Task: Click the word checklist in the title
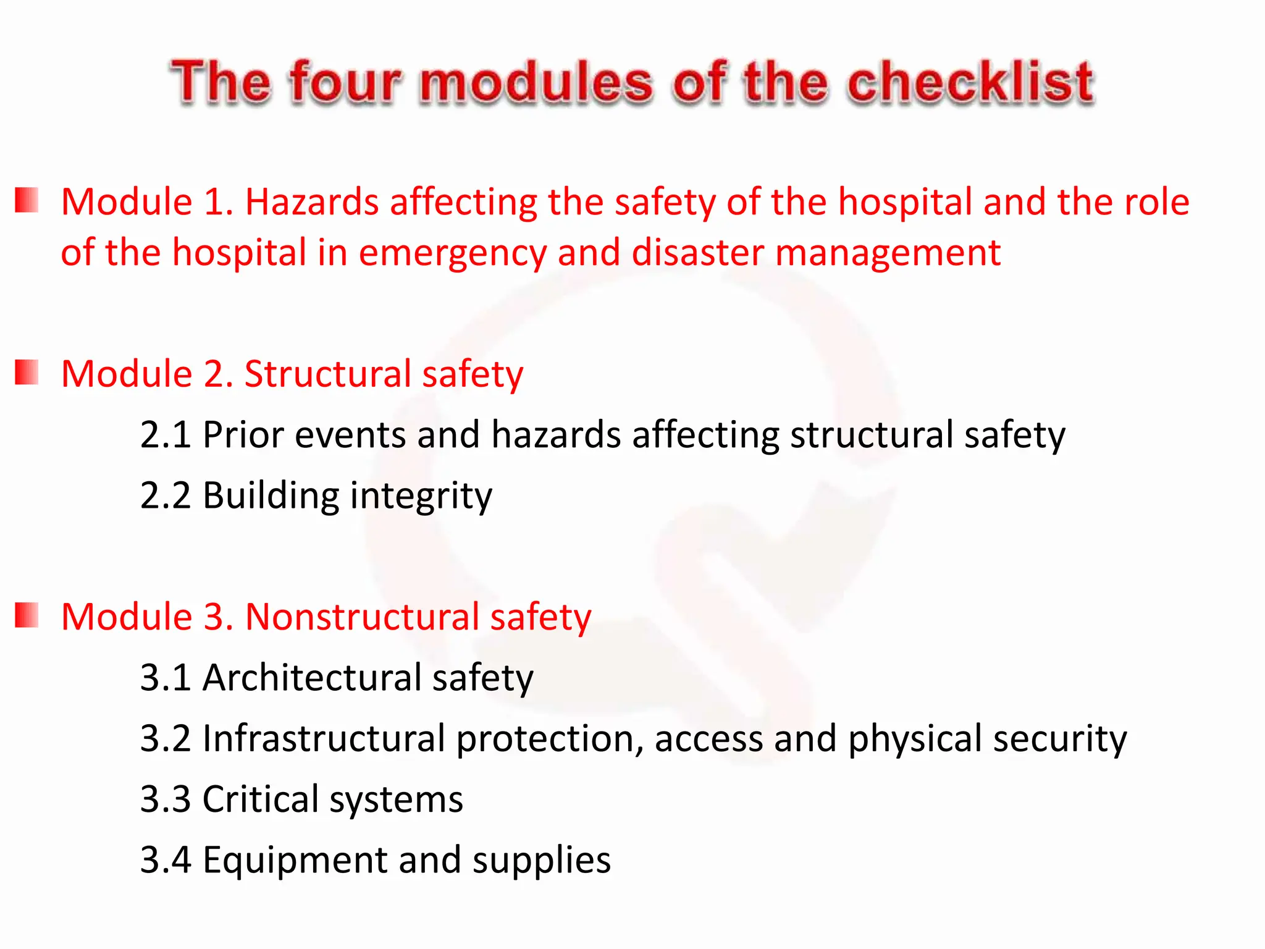coord(970,82)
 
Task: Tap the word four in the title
coord(346,82)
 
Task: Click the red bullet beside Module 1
coord(27,201)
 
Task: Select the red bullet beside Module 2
coord(27,373)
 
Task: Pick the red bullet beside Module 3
coord(27,615)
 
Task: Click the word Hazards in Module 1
coord(312,202)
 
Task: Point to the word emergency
coord(453,253)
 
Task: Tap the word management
coord(888,253)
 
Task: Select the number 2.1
coord(165,434)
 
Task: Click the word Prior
coord(243,434)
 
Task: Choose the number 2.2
coord(165,496)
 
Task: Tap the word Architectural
coord(312,678)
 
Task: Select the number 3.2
coord(165,738)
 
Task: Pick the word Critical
coord(260,799)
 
